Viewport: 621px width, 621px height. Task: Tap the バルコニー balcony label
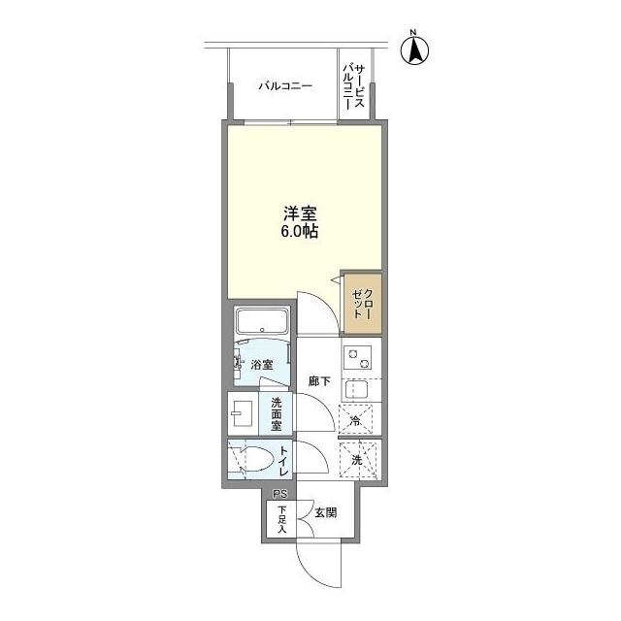[x=284, y=86]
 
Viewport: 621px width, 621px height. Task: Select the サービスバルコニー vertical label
[x=353, y=89]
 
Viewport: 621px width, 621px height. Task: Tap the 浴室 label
[x=261, y=365]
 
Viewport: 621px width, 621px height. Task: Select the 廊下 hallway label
[x=320, y=381]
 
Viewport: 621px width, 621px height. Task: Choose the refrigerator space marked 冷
[x=356, y=420]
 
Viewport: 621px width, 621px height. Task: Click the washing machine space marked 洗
[x=357, y=459]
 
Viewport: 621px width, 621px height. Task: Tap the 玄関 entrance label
[x=324, y=512]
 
